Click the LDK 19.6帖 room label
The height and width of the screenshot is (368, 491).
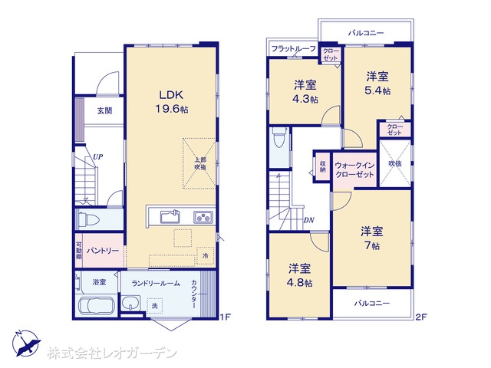pyautogui.click(x=172, y=102)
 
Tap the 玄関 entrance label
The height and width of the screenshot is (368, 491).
pyautogui.click(x=104, y=110)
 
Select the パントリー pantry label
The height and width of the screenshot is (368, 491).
pyautogui.click(x=103, y=251)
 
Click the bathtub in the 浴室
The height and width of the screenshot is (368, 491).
pyautogui.click(x=97, y=305)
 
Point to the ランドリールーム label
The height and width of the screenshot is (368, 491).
pyautogui.click(x=156, y=284)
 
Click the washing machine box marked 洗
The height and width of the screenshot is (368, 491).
pyautogui.click(x=155, y=306)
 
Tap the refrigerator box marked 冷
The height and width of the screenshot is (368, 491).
pyautogui.click(x=206, y=255)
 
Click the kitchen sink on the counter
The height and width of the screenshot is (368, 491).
pyautogui.click(x=170, y=216)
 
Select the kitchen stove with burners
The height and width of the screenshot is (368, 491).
pyautogui.click(x=203, y=217)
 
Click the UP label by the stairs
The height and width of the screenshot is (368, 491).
pyautogui.click(x=97, y=156)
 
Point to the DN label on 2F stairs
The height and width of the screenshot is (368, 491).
pyautogui.click(x=308, y=220)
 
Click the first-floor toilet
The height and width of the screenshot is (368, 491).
pyautogui.click(x=89, y=219)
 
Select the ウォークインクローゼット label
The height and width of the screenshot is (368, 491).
pyautogui.click(x=354, y=169)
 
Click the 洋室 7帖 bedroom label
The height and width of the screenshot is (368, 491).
pyautogui.click(x=371, y=238)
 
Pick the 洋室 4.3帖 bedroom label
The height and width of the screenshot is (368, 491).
pyautogui.click(x=305, y=92)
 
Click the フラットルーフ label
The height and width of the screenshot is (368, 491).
pyautogui.click(x=293, y=49)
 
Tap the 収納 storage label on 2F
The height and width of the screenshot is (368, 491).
pyautogui.click(x=322, y=166)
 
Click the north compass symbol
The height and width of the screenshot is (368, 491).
pyautogui.click(x=25, y=343)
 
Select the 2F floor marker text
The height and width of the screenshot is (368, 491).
pyautogui.click(x=421, y=317)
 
